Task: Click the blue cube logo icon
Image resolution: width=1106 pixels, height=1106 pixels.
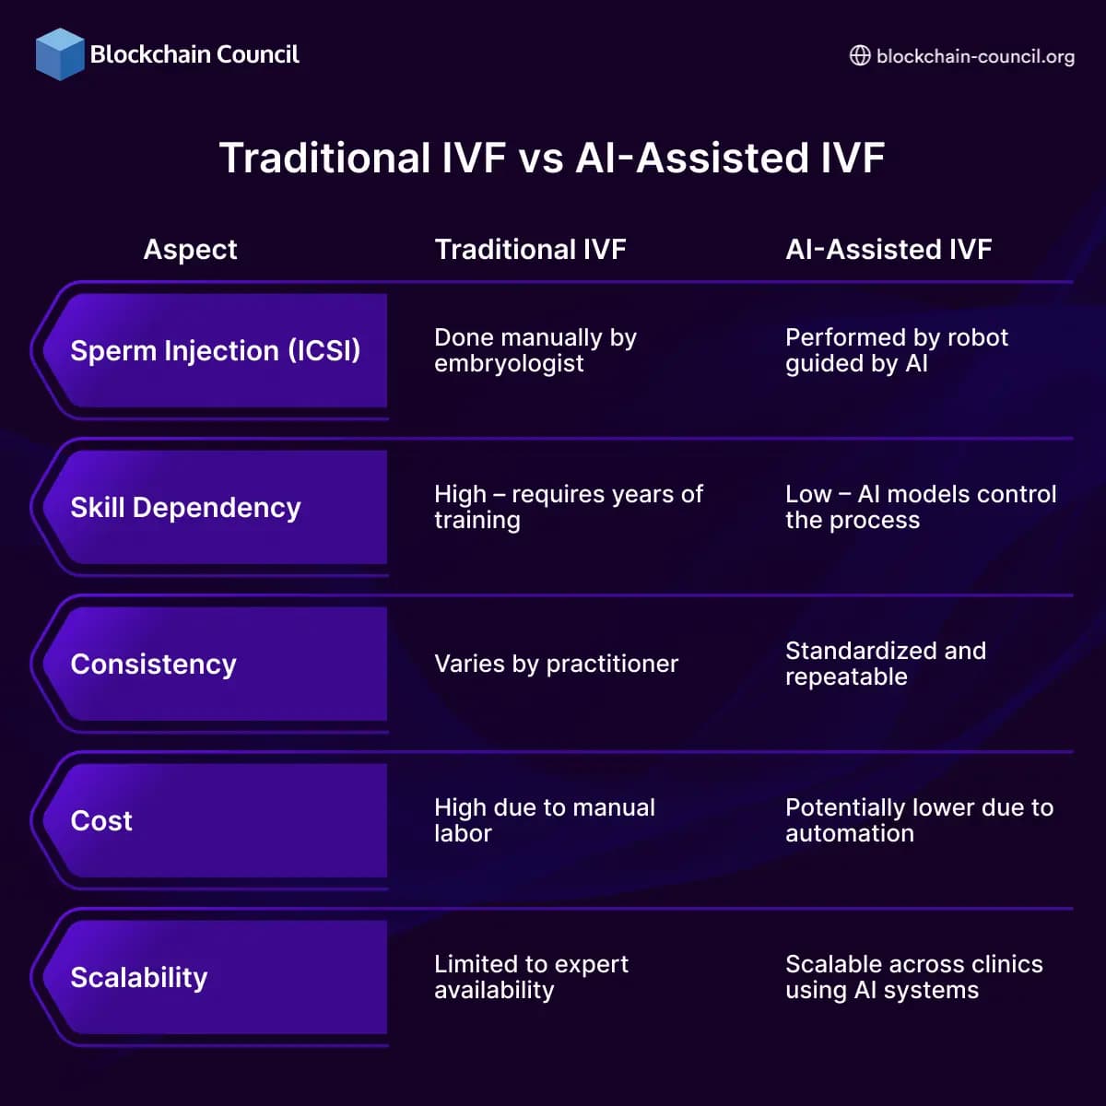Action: (60, 54)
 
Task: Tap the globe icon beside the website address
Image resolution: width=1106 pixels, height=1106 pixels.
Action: (859, 56)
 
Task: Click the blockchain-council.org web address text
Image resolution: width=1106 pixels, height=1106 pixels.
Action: (975, 56)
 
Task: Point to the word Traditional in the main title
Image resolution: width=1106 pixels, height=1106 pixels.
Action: (324, 158)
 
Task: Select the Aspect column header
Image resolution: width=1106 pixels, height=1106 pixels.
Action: (190, 250)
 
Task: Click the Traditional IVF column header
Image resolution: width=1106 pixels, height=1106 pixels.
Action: (530, 250)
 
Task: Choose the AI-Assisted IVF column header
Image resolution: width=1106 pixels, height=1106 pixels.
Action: (888, 250)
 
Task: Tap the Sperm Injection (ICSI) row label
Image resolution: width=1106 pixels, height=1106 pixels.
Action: (215, 351)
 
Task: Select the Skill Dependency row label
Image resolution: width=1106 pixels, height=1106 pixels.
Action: (185, 508)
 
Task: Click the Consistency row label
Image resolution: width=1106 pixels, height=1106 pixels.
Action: (153, 665)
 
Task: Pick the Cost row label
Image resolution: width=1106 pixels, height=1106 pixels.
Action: (101, 821)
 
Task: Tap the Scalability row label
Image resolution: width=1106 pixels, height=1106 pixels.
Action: (139, 978)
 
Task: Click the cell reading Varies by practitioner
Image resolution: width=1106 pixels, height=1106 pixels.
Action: (556, 665)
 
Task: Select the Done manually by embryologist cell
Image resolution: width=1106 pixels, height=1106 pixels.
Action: (535, 350)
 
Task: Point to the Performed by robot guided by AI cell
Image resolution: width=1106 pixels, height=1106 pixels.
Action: (896, 350)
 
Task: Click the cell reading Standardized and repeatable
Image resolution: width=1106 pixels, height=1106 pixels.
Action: (885, 664)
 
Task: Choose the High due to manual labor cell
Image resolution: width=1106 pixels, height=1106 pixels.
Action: (544, 820)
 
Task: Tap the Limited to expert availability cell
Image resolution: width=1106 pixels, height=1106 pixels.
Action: (531, 977)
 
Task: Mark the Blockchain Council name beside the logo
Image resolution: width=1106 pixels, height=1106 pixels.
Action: (194, 54)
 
